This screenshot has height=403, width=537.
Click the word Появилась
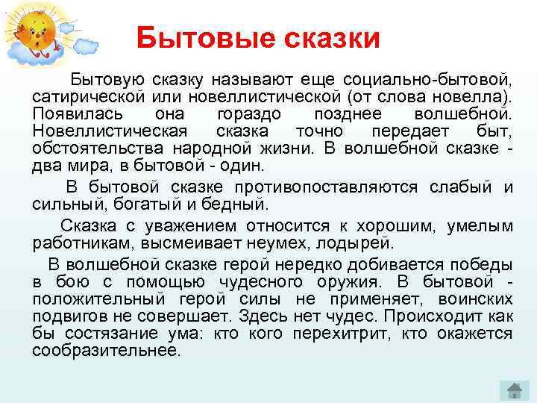(73, 114)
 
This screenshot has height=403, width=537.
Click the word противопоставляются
(329, 186)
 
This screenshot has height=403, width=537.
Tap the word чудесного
(261, 281)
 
